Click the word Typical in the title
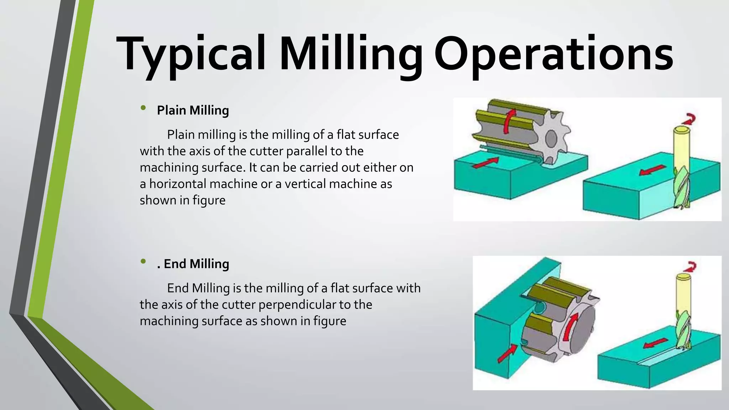[x=190, y=53]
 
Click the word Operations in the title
[x=554, y=53]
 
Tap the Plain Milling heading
[x=193, y=110]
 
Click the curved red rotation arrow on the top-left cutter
[x=509, y=121]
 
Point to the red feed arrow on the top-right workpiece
[x=652, y=170]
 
